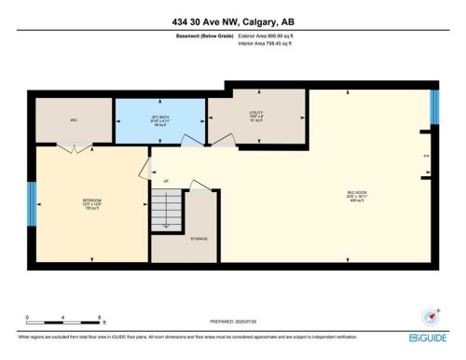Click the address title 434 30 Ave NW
point(232,21)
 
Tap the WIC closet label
point(73,119)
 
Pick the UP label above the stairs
point(166,180)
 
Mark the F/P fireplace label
point(426,156)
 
